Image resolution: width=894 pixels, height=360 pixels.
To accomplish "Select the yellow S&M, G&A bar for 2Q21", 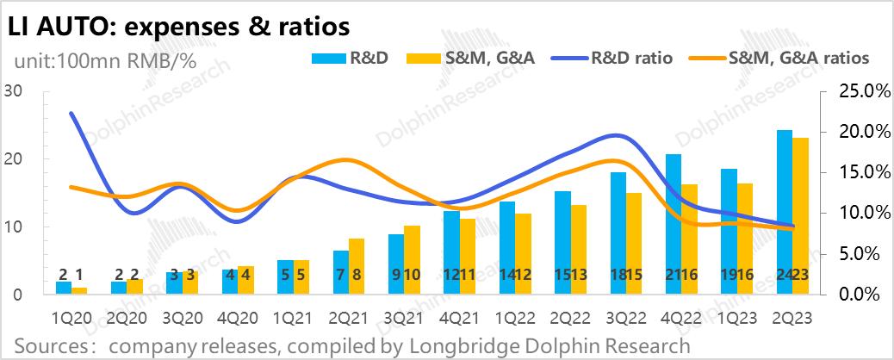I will point(357,266).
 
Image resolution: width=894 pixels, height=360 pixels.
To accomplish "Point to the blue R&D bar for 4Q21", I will point(451,253).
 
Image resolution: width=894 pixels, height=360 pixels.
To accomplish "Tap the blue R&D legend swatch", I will point(327,58).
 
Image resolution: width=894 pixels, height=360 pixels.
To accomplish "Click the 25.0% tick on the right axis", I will point(854,91).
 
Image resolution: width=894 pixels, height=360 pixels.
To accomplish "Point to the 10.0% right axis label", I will point(854,213).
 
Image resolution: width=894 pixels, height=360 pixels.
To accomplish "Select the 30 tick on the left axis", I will point(13,91).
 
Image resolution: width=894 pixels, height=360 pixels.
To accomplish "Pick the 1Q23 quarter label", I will point(738,316).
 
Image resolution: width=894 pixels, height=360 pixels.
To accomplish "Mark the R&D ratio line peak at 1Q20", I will point(71,114).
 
